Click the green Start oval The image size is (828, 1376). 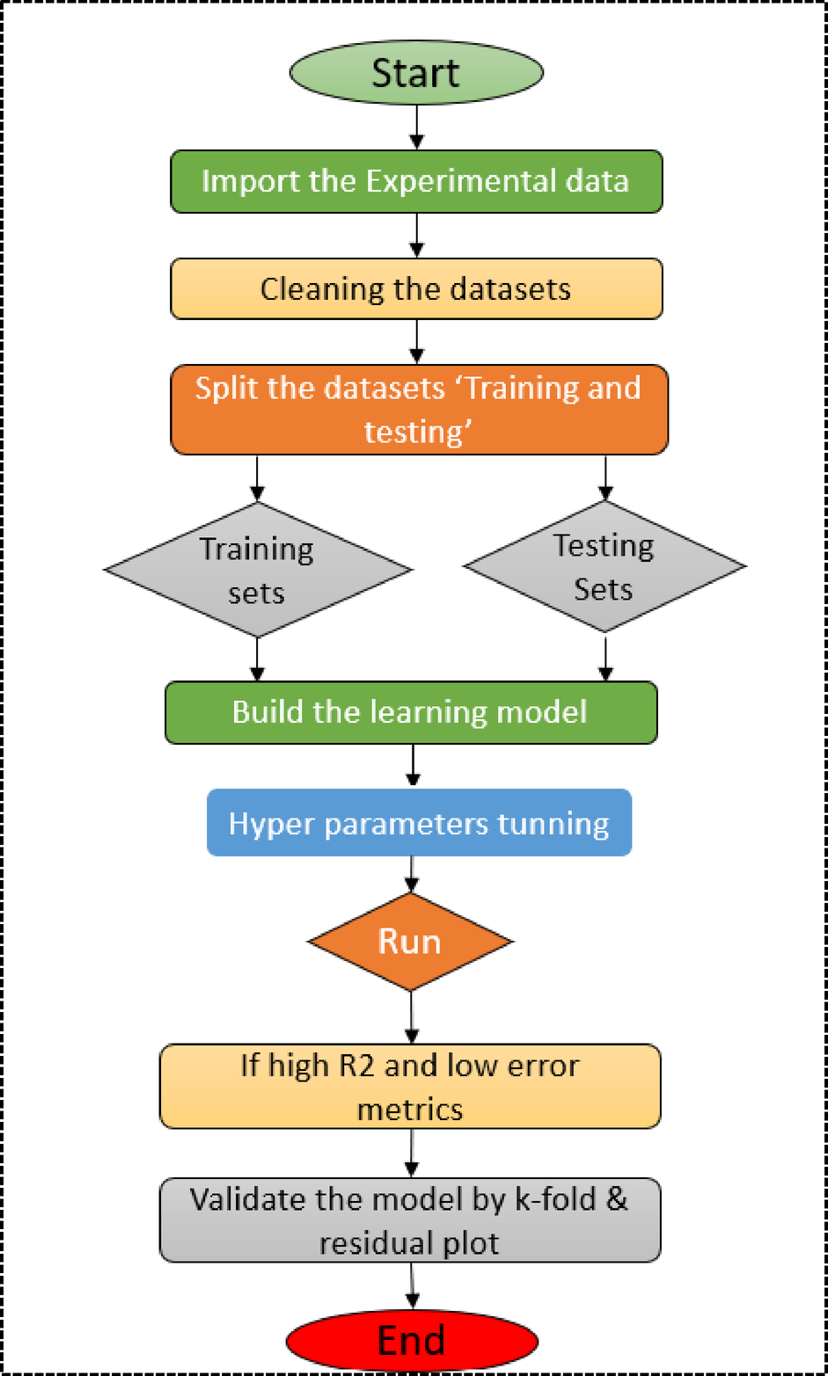[x=415, y=72]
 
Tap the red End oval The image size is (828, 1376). [x=411, y=1341]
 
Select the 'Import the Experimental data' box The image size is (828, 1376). [x=415, y=181]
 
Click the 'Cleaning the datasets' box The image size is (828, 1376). [x=415, y=288]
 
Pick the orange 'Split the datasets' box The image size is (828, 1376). [x=418, y=410]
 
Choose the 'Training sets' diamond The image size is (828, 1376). [x=257, y=570]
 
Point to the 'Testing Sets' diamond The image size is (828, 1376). [x=605, y=566]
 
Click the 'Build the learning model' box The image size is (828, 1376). [x=411, y=712]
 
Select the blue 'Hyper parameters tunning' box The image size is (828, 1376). [x=419, y=824]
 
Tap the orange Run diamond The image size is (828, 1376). [x=410, y=942]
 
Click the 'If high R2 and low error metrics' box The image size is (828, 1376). [x=410, y=1086]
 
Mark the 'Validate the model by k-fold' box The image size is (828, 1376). [x=410, y=1220]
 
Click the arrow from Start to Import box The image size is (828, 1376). [x=417, y=128]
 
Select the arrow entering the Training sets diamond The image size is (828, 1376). [x=257, y=478]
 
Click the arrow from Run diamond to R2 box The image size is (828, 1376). [x=411, y=1017]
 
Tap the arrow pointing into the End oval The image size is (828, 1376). [x=411, y=1291]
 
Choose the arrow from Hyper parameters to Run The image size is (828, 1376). [x=411, y=874]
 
